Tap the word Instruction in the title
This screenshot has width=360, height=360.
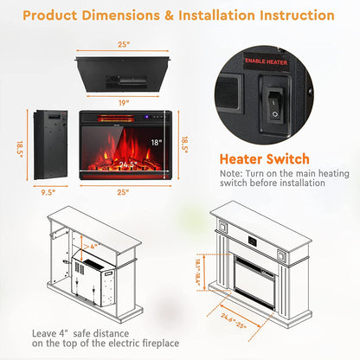pyautogui.click(x=291, y=16)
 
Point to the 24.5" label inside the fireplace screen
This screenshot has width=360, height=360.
pyautogui.click(x=127, y=162)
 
